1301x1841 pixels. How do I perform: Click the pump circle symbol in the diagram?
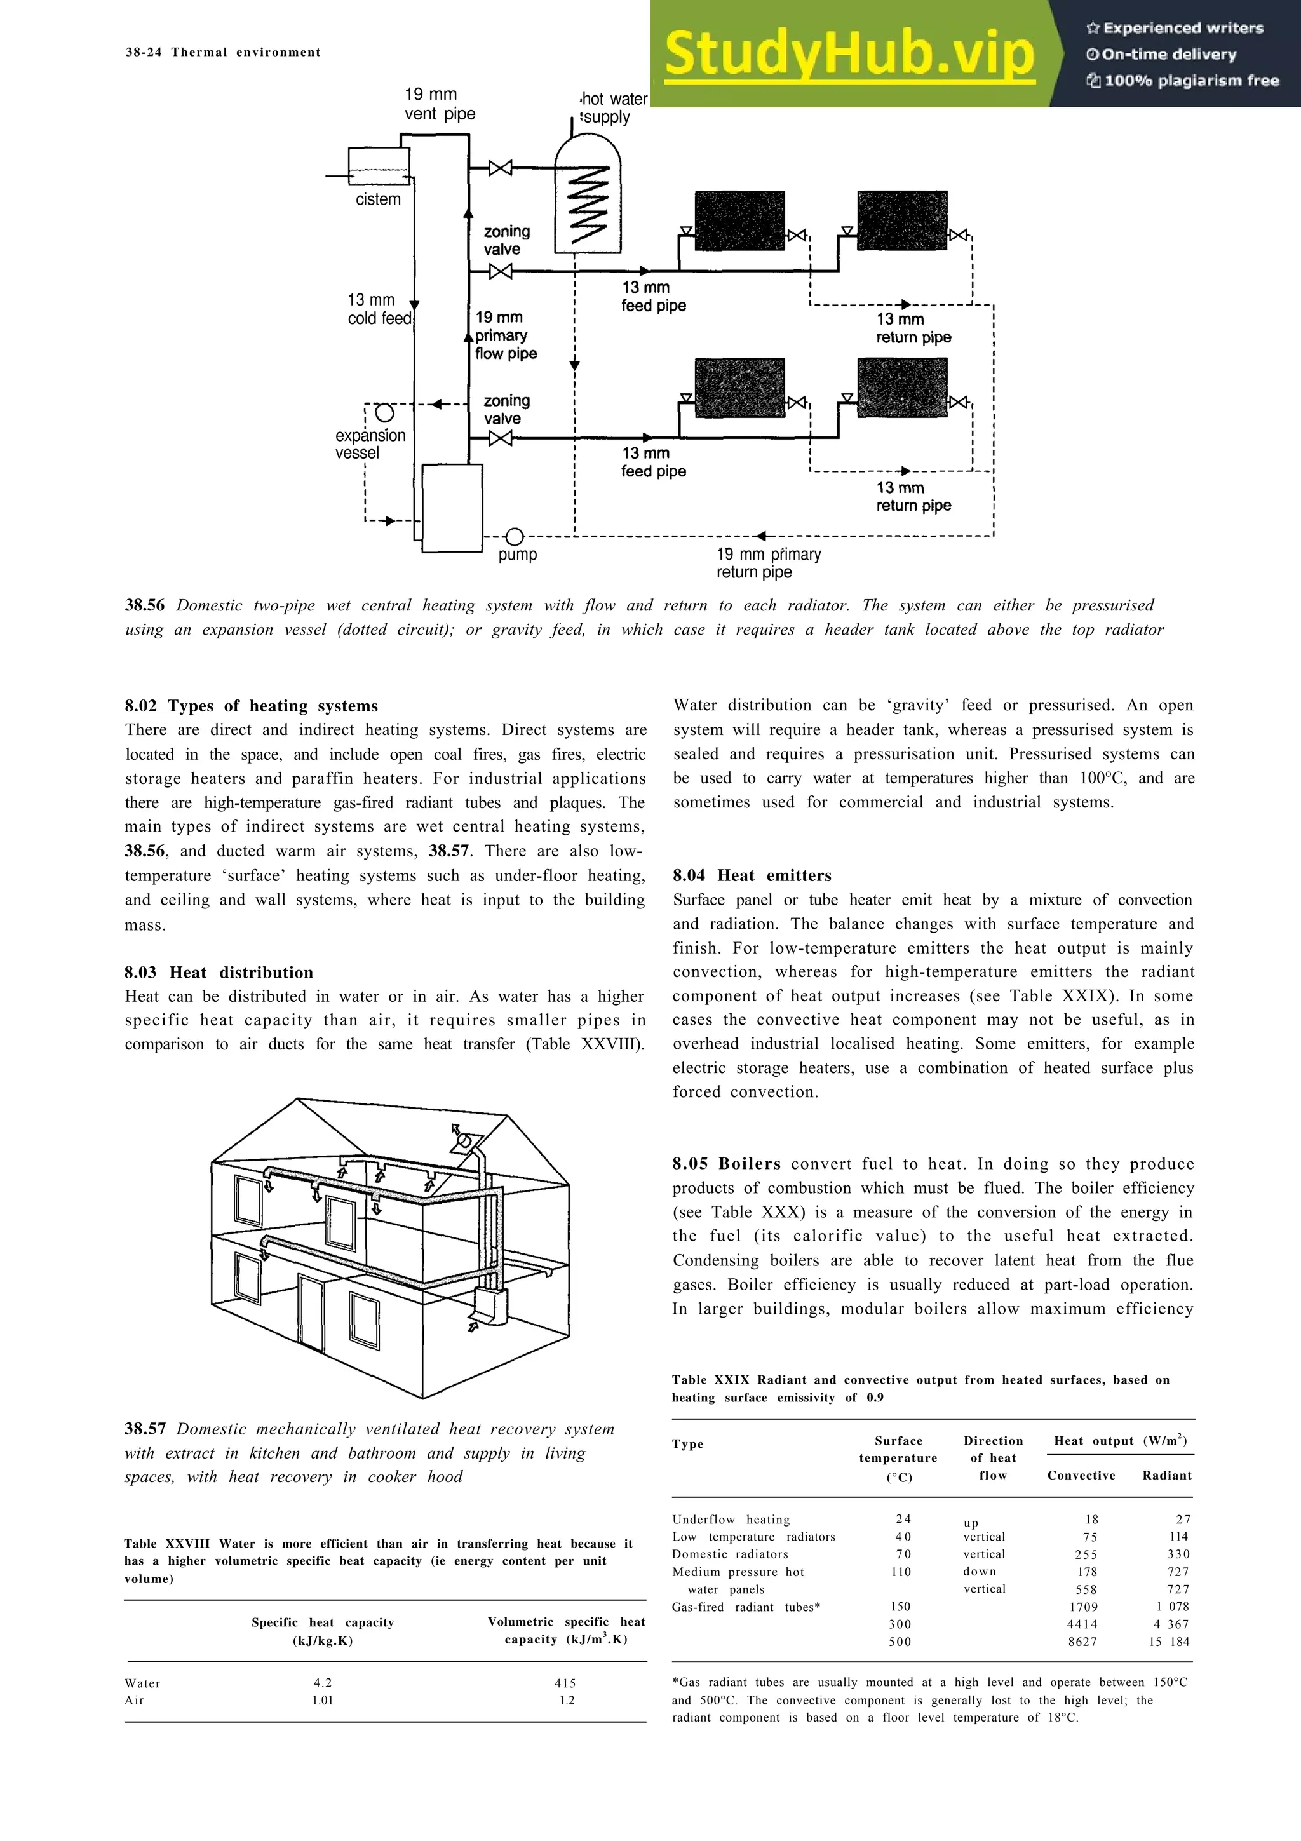(515, 536)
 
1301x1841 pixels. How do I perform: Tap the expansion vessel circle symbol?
(385, 413)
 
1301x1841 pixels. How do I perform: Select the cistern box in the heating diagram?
(379, 166)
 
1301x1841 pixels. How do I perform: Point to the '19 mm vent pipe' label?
(439, 104)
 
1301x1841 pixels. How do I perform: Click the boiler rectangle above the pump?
(452, 508)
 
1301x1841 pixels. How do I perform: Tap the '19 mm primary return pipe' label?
(768, 563)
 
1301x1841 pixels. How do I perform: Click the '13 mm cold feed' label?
(379, 309)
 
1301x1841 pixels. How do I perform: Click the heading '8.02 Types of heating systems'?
(251, 706)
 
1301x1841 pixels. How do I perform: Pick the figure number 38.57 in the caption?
(145, 1429)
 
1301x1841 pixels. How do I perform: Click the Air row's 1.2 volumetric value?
(567, 1700)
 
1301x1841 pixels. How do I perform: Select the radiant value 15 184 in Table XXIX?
(1169, 1642)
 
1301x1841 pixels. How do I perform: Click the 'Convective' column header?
(1081, 1475)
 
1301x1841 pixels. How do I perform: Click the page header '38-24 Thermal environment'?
(223, 52)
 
